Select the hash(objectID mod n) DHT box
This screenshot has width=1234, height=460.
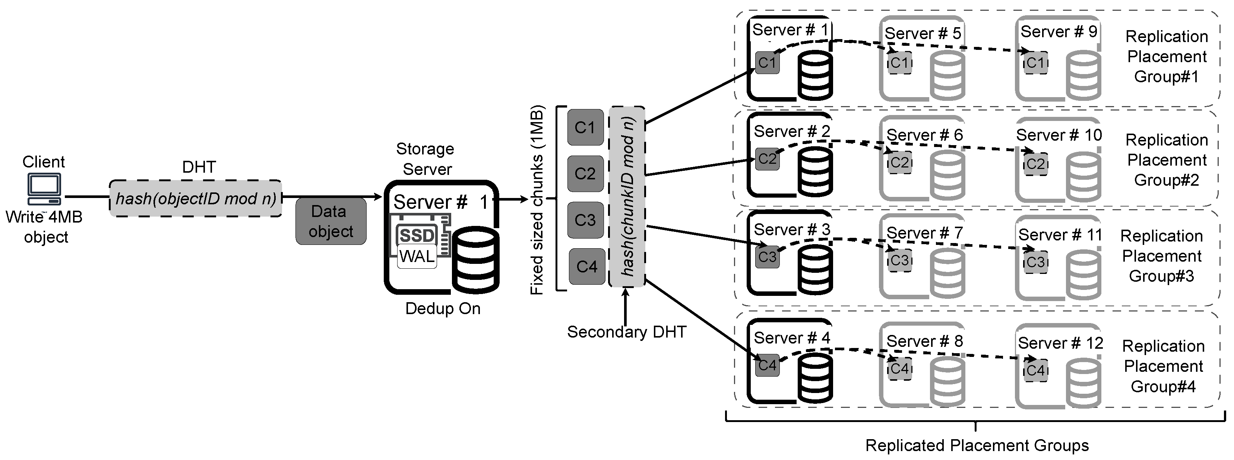pos(196,198)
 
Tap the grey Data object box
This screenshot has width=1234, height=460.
pos(330,221)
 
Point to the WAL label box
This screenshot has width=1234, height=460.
pos(417,256)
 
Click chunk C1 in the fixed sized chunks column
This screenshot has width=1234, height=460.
pos(585,127)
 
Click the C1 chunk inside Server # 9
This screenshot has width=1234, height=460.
pos(1035,63)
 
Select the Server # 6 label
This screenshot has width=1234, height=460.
pos(924,135)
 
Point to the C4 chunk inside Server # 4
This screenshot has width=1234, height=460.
pos(767,365)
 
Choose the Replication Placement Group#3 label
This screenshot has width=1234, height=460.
pos(1161,256)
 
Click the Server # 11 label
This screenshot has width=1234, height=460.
pos(1060,234)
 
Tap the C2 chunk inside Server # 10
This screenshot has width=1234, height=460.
pos(1035,164)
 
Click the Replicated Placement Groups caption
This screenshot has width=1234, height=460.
pos(977,445)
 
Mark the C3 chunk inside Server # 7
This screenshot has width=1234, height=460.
pos(899,261)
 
